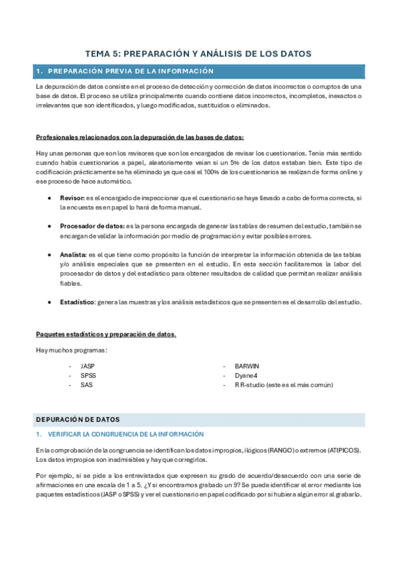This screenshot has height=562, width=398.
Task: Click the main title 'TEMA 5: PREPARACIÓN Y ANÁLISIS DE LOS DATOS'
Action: coord(198,54)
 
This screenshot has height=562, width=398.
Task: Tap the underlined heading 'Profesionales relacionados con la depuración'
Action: coord(139,138)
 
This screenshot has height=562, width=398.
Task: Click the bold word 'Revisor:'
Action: coord(72,198)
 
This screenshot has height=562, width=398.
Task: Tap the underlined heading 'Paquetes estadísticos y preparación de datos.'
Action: coord(105,334)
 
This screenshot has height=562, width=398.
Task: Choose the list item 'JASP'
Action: coord(88,366)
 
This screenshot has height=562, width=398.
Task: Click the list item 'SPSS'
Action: coord(88,375)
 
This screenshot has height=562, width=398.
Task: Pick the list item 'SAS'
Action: coord(86,384)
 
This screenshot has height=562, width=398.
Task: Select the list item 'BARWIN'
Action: coord(247,366)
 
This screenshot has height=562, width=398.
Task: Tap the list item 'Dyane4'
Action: coord(246,375)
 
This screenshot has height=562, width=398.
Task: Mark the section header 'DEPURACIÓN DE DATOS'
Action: coord(78,420)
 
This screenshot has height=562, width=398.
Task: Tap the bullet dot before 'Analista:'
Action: coord(51,254)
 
